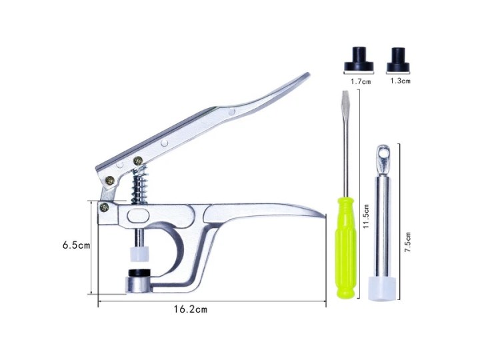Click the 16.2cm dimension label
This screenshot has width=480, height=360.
[191, 309]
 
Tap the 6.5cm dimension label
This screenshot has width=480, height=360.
[76, 245]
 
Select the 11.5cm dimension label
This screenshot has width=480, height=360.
[365, 217]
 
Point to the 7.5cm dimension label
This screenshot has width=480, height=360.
[407, 242]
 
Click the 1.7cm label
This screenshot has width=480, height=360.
[361, 81]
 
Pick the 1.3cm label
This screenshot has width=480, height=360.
[400, 81]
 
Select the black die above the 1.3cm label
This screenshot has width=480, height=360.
[398, 59]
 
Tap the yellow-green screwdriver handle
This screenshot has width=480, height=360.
[345, 248]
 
